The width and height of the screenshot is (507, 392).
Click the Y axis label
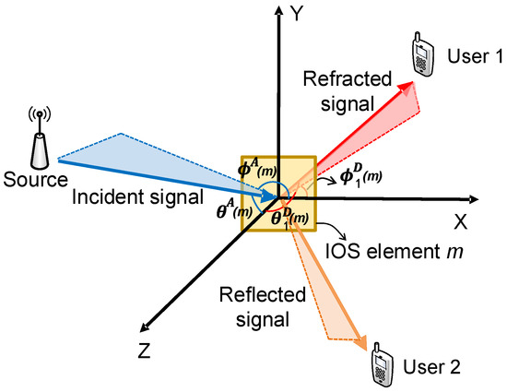click(298, 13)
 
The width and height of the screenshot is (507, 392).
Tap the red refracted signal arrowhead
click(404, 87)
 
